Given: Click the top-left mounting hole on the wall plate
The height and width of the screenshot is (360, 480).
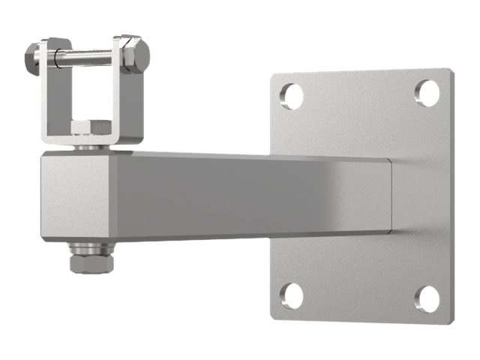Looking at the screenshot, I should pyautogui.click(x=292, y=95).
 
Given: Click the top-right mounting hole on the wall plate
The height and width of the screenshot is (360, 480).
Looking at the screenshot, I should pyautogui.click(x=427, y=92).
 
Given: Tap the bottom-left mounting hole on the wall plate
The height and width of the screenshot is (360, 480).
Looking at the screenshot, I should pyautogui.click(x=292, y=295).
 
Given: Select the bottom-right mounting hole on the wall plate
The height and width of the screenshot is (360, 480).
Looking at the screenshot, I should pyautogui.click(x=427, y=298).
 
